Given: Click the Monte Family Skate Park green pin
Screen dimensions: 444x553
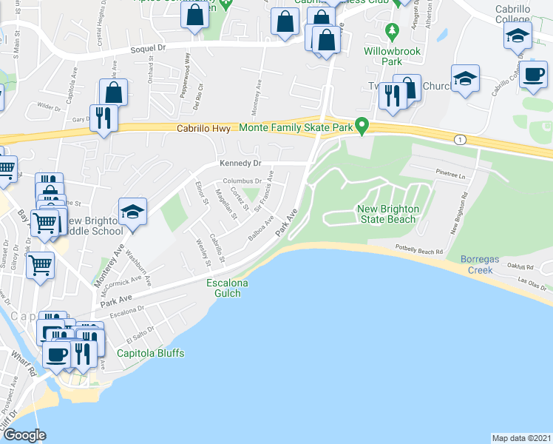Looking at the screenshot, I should [362, 126].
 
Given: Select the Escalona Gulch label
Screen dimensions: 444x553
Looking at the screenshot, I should [223, 288].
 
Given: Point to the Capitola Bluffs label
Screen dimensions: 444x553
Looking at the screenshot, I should [150, 353].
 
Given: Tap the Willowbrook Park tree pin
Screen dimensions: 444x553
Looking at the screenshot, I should [393, 33].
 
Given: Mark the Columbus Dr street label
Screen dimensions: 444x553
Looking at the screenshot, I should [242, 181].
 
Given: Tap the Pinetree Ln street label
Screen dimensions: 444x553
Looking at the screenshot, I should [449, 176].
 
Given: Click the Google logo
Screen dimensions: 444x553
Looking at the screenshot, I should [24, 435].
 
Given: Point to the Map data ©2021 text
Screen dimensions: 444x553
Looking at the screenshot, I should [521, 437].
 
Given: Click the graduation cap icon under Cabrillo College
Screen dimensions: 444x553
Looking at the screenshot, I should [518, 35].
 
